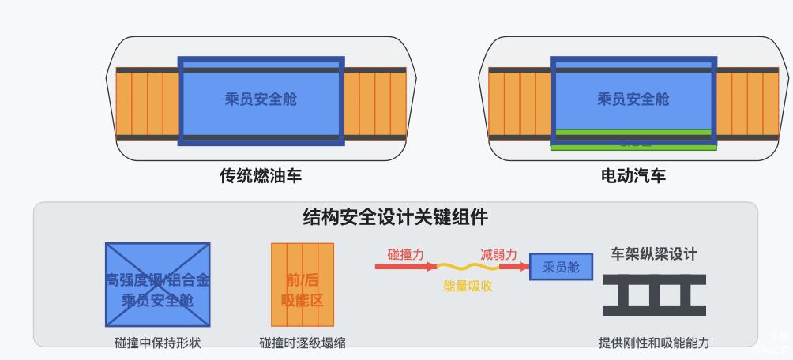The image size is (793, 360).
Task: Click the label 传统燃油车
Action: click(x=261, y=175)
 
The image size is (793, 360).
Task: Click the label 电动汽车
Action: click(x=633, y=175)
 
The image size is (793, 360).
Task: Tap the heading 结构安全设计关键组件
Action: click(x=396, y=216)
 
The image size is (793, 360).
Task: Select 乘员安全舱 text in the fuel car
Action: click(x=261, y=99)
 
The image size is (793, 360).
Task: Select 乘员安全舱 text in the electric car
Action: click(x=633, y=99)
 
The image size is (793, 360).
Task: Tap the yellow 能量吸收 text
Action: click(x=468, y=286)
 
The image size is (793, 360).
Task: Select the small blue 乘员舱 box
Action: click(x=561, y=267)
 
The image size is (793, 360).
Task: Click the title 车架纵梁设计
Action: click(x=655, y=254)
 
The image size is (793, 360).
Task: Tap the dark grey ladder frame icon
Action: click(x=655, y=294)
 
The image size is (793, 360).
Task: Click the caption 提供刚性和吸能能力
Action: click(x=655, y=343)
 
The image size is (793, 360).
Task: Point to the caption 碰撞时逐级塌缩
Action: click(x=303, y=343)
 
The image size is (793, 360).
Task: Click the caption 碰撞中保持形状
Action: click(x=158, y=343)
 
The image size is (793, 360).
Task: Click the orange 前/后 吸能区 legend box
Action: click(x=303, y=284)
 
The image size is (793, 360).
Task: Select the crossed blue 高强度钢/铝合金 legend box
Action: click(x=158, y=284)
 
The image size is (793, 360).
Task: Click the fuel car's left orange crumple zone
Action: click(x=148, y=103)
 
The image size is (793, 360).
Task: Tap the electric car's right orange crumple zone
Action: click(x=746, y=103)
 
